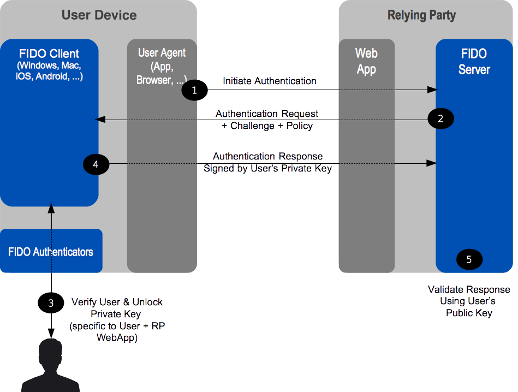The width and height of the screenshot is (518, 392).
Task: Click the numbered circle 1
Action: point(195,90)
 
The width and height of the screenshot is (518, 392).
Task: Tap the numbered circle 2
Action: point(441,117)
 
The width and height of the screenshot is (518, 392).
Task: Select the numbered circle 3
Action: point(51,303)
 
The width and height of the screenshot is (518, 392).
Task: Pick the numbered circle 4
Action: point(96,163)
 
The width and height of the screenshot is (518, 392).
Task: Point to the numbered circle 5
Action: point(469,259)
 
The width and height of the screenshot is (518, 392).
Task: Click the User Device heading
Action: point(99,15)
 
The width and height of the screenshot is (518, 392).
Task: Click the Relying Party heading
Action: point(421,15)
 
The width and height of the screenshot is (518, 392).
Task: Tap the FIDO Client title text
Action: point(49,54)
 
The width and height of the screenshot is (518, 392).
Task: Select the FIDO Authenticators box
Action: point(51,252)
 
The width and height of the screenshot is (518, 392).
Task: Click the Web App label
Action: point(366,61)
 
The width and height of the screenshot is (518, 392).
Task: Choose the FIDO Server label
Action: point(474,62)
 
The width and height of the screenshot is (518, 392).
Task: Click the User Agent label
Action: point(162,53)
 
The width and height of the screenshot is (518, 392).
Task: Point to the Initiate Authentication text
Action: point(270,81)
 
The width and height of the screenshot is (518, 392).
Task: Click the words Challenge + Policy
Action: point(271,126)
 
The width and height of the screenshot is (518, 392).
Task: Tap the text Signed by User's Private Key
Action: point(267,169)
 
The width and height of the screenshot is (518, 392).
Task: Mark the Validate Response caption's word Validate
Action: point(445,289)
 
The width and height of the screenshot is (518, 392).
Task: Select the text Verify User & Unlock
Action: point(117,302)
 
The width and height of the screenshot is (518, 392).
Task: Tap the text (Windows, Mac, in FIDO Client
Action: point(49,66)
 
